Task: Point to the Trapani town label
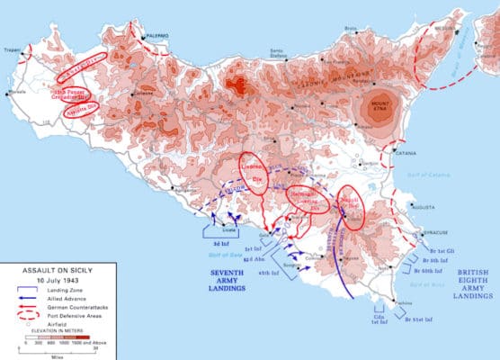13,50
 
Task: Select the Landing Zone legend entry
64,289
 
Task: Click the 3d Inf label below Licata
219,244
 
